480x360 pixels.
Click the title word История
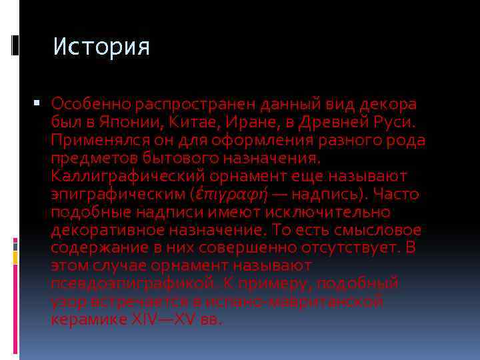tap(101, 47)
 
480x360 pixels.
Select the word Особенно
tap(91, 105)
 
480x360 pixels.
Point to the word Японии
tap(115, 123)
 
